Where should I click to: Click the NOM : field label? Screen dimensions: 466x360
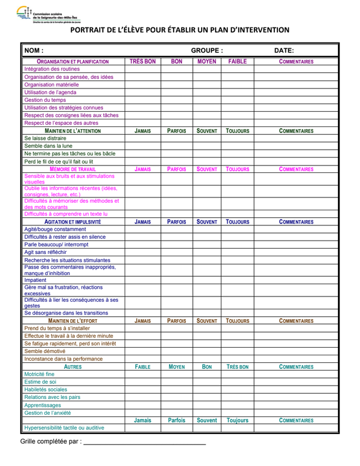[x=34, y=51]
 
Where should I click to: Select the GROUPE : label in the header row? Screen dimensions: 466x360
[x=206, y=51]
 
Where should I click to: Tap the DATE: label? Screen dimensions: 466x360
[x=284, y=51]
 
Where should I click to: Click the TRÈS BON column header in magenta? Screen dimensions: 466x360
[x=143, y=61]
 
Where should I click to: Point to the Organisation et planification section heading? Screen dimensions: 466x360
[x=73, y=61]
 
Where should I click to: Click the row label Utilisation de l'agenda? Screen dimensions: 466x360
[x=50, y=92]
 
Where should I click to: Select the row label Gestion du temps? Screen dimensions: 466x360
[x=45, y=100]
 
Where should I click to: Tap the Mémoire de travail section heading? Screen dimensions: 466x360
[x=73, y=169]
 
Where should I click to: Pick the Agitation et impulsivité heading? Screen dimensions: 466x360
[x=73, y=222]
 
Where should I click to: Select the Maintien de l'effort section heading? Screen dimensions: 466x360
[x=73, y=321]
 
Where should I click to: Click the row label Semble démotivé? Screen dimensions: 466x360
[x=45, y=351]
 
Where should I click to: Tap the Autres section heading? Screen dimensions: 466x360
[x=73, y=367]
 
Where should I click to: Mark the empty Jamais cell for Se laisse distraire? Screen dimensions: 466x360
[x=143, y=139]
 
